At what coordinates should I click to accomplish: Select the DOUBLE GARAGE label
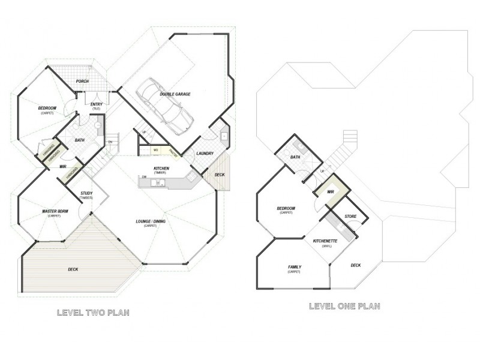(175, 95)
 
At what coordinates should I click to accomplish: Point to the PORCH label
(82, 82)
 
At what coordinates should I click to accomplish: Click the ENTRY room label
(96, 104)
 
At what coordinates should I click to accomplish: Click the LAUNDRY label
(205, 154)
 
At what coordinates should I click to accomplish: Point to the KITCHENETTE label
(326, 241)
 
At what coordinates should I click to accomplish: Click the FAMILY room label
(294, 267)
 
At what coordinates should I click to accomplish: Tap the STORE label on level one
(350, 215)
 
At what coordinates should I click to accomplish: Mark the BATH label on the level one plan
(295, 157)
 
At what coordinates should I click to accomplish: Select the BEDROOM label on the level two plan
(47, 108)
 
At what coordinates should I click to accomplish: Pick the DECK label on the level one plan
(355, 265)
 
